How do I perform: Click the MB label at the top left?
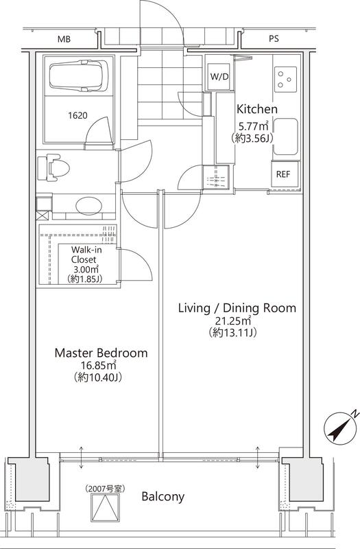pyautogui.click(x=64, y=39)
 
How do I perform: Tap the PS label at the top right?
pyautogui.click(x=274, y=39)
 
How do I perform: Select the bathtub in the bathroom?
pyautogui.click(x=79, y=76)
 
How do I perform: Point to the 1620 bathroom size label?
pyautogui.click(x=77, y=115)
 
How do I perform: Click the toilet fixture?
pyautogui.click(x=53, y=167)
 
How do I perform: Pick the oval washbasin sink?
pyautogui.click(x=88, y=207)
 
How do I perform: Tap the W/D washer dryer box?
pyautogui.click(x=219, y=77)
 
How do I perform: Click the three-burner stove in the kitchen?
pyautogui.click(x=286, y=80)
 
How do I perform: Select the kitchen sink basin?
pyautogui.click(x=285, y=137)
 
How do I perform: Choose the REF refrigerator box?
pyautogui.click(x=283, y=174)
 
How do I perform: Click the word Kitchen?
pyautogui.click(x=257, y=109)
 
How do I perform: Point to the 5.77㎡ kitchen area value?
pyautogui.click(x=253, y=126)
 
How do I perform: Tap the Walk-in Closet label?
pyautogui.click(x=84, y=255)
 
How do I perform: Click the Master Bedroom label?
pyautogui.click(x=101, y=353)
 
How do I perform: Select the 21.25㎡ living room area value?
pyautogui.click(x=234, y=320)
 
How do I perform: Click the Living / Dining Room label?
pyautogui.click(x=237, y=308)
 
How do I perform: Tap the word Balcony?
pyautogui.click(x=163, y=496)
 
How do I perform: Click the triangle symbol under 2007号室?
pyautogui.click(x=106, y=508)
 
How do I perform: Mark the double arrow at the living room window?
pyautogui.click(x=258, y=457)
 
